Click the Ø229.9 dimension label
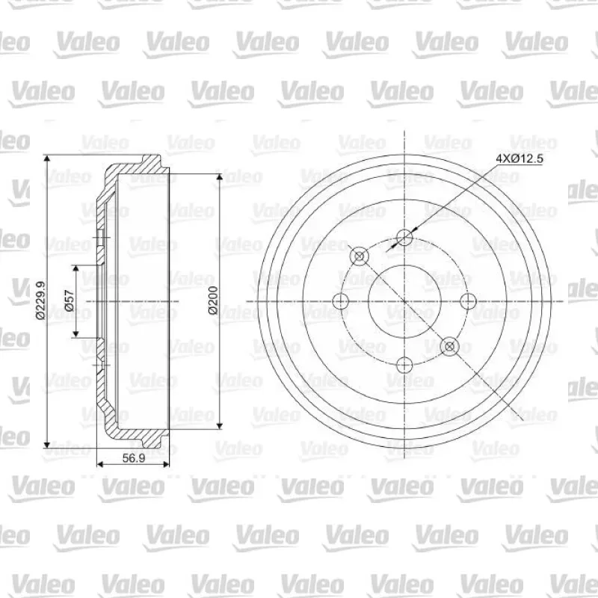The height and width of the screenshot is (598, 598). (x=40, y=300)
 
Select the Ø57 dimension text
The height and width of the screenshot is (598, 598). (x=70, y=300)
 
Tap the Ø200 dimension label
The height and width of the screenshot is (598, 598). (x=213, y=300)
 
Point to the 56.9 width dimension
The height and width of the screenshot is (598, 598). (x=134, y=458)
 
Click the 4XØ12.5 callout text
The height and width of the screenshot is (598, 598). (x=519, y=158)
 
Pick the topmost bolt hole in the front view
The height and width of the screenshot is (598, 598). (x=404, y=237)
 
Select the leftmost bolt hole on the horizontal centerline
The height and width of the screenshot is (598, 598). (x=341, y=301)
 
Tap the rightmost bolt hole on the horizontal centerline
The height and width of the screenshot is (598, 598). (x=469, y=301)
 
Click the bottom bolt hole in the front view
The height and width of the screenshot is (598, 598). (x=404, y=366)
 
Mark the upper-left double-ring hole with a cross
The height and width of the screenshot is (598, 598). (x=360, y=256)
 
